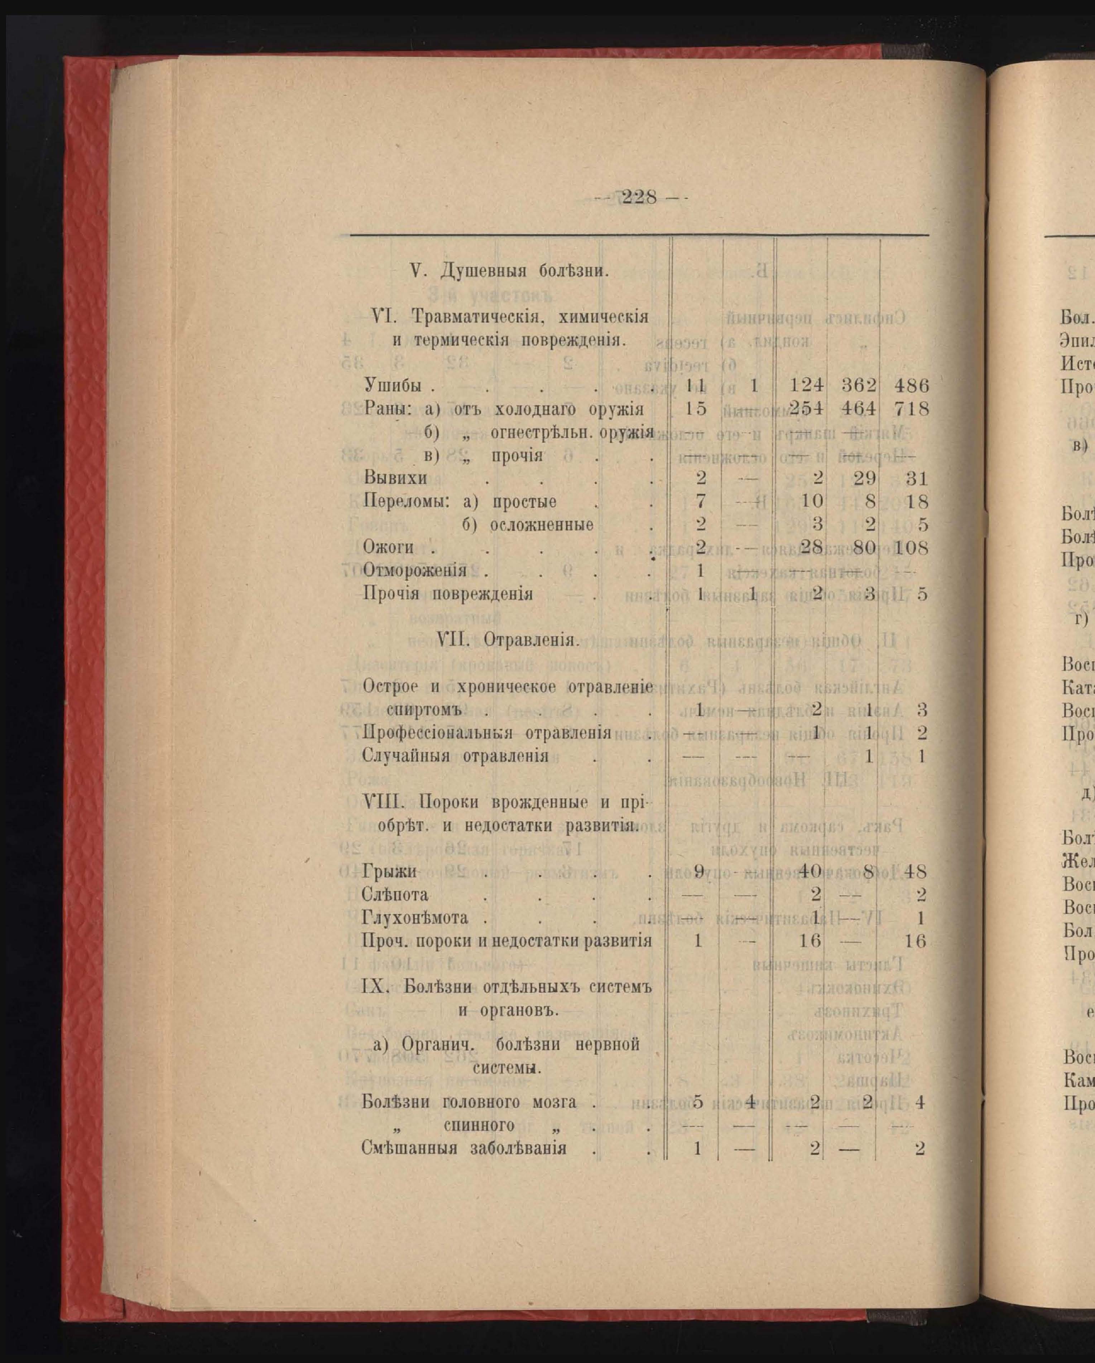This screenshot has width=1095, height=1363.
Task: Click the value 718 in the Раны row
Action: pos(911,409)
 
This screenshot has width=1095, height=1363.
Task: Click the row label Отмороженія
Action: pos(415,570)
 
